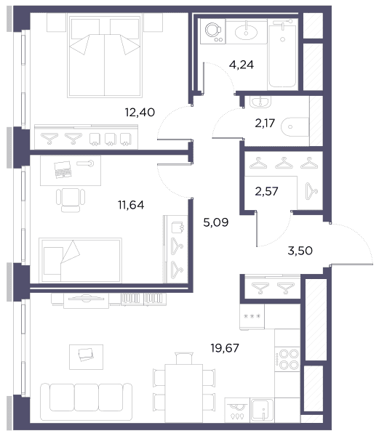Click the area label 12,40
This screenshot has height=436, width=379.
(140, 113)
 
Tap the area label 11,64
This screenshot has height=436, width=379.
(131, 205)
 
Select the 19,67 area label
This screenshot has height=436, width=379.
(225, 348)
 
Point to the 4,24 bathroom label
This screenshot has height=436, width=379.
(242, 65)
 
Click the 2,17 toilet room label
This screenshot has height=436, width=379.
(265, 123)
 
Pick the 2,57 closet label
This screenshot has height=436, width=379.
(266, 191)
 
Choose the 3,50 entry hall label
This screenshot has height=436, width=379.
(300, 251)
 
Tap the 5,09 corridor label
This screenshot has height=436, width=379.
(216, 222)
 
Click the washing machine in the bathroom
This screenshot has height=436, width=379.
(213, 31)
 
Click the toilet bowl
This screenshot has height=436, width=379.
(295, 127)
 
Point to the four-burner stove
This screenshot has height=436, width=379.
(287, 359)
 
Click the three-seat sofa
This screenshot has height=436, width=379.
(87, 402)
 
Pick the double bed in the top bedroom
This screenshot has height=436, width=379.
(105, 57)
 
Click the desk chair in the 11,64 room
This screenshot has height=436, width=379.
(71, 200)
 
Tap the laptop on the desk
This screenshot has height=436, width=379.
(63, 169)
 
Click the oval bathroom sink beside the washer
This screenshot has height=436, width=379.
(246, 32)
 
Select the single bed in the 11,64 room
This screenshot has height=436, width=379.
(80, 260)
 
